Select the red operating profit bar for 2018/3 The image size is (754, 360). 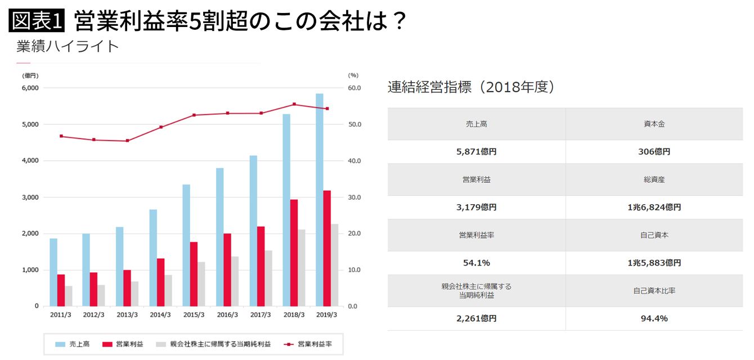point(294,253)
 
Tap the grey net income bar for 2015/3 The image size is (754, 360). point(201,283)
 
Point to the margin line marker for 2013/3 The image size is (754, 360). point(127,141)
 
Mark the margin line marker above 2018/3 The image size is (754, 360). point(294,104)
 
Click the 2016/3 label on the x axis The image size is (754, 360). point(227,315)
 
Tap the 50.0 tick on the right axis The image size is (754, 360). point(354,124)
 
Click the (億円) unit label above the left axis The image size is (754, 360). point(30,75)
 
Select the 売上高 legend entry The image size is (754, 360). point(72,344)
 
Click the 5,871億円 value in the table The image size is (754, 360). point(476,152)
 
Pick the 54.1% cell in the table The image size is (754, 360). point(476,263)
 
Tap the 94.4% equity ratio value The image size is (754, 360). point(654,318)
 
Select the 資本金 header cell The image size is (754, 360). point(654,124)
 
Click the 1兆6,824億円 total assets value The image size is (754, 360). point(654,207)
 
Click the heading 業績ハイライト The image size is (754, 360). point(68,46)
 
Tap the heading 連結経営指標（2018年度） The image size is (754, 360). point(472,87)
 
